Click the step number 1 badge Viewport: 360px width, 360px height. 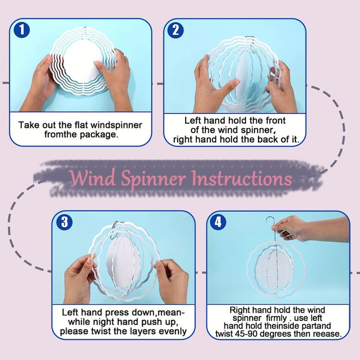22,30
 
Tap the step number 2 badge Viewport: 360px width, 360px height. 175,30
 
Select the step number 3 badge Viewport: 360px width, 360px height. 64,222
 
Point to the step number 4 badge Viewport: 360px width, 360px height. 218,222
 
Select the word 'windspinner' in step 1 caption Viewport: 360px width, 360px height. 116,126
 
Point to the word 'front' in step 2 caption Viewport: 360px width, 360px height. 275,121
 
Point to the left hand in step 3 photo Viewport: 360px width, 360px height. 80,279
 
